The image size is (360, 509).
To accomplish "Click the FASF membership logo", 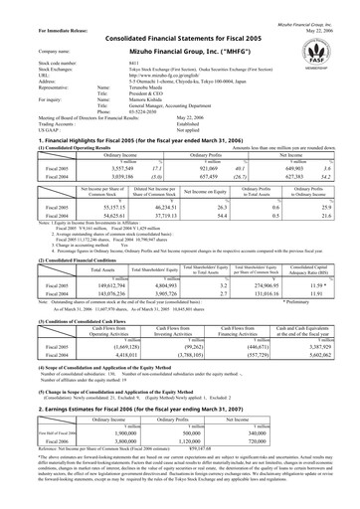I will click(318, 48).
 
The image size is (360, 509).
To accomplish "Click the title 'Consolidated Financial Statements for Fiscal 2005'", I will click(180, 37).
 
